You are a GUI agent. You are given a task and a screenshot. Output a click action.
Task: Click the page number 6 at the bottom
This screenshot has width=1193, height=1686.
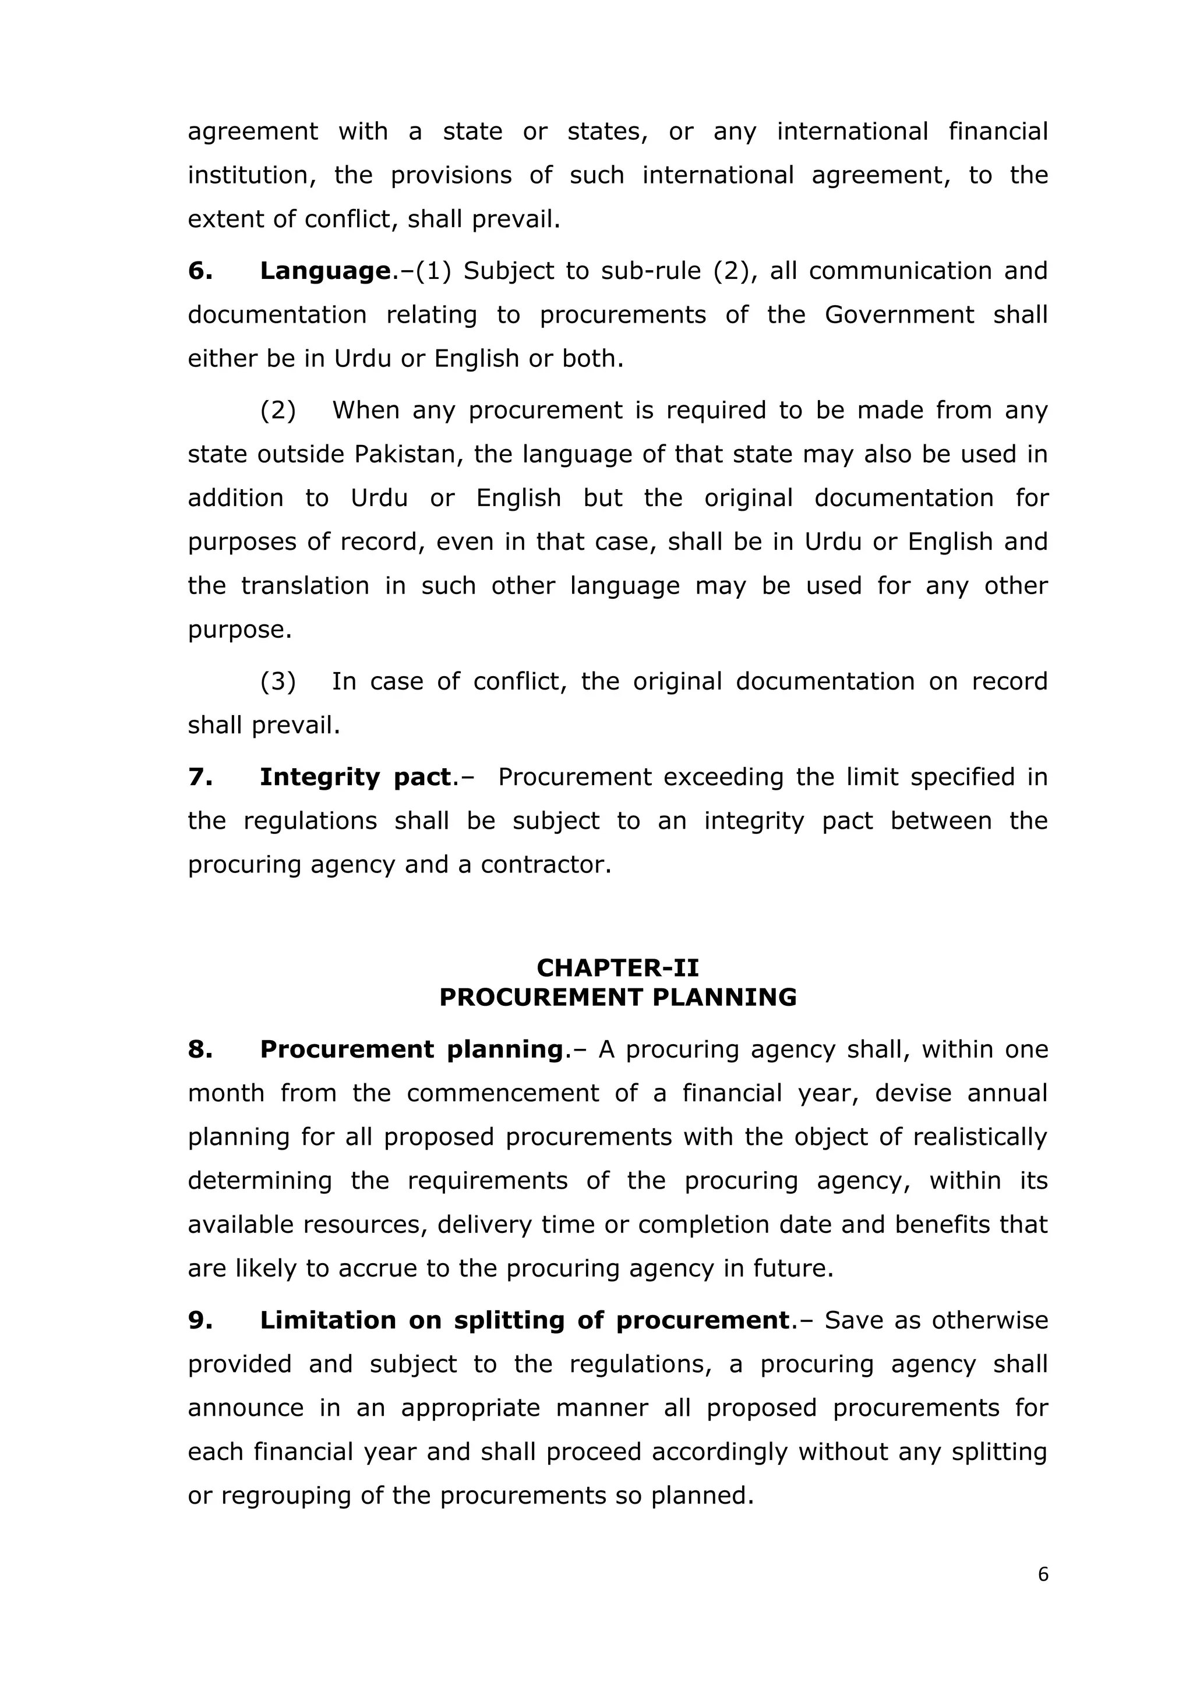[1042, 1574]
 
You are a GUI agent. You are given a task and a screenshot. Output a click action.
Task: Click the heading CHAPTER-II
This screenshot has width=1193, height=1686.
[618, 967]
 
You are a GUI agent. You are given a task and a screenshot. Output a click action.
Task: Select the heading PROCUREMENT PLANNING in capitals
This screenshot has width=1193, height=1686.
[618, 997]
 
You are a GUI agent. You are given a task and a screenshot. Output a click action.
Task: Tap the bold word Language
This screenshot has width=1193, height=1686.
[324, 271]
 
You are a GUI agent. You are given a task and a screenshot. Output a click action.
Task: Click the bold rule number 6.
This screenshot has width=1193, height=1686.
[200, 271]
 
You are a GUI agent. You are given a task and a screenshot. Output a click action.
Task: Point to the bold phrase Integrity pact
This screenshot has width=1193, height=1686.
[355, 777]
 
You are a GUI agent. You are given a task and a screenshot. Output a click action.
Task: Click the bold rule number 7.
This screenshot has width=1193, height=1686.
[200, 777]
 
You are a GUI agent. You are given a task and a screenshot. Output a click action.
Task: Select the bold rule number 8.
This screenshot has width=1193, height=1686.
[200, 1049]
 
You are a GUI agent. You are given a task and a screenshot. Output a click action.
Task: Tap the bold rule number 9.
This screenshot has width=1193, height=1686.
[200, 1320]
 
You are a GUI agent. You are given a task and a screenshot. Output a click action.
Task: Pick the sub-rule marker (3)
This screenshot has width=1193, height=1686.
[278, 681]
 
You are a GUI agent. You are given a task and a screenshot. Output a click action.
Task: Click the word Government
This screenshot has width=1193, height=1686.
[899, 315]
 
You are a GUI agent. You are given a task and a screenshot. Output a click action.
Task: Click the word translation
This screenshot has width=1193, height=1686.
[305, 586]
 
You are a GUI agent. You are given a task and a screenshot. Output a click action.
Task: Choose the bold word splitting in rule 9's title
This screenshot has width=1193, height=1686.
[509, 1320]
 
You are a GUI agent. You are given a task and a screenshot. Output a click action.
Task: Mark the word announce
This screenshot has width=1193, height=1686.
[245, 1408]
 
